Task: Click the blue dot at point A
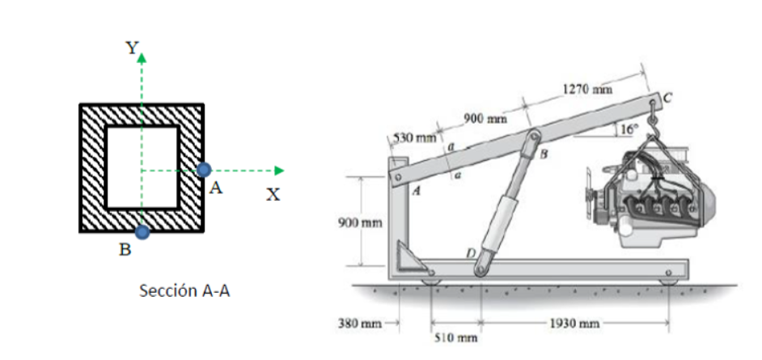coord(205,169)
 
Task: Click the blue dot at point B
coord(142,232)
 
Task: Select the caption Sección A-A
coord(184,290)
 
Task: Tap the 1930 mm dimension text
coord(574,324)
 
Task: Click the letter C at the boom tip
coord(667,99)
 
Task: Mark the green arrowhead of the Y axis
coord(142,58)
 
